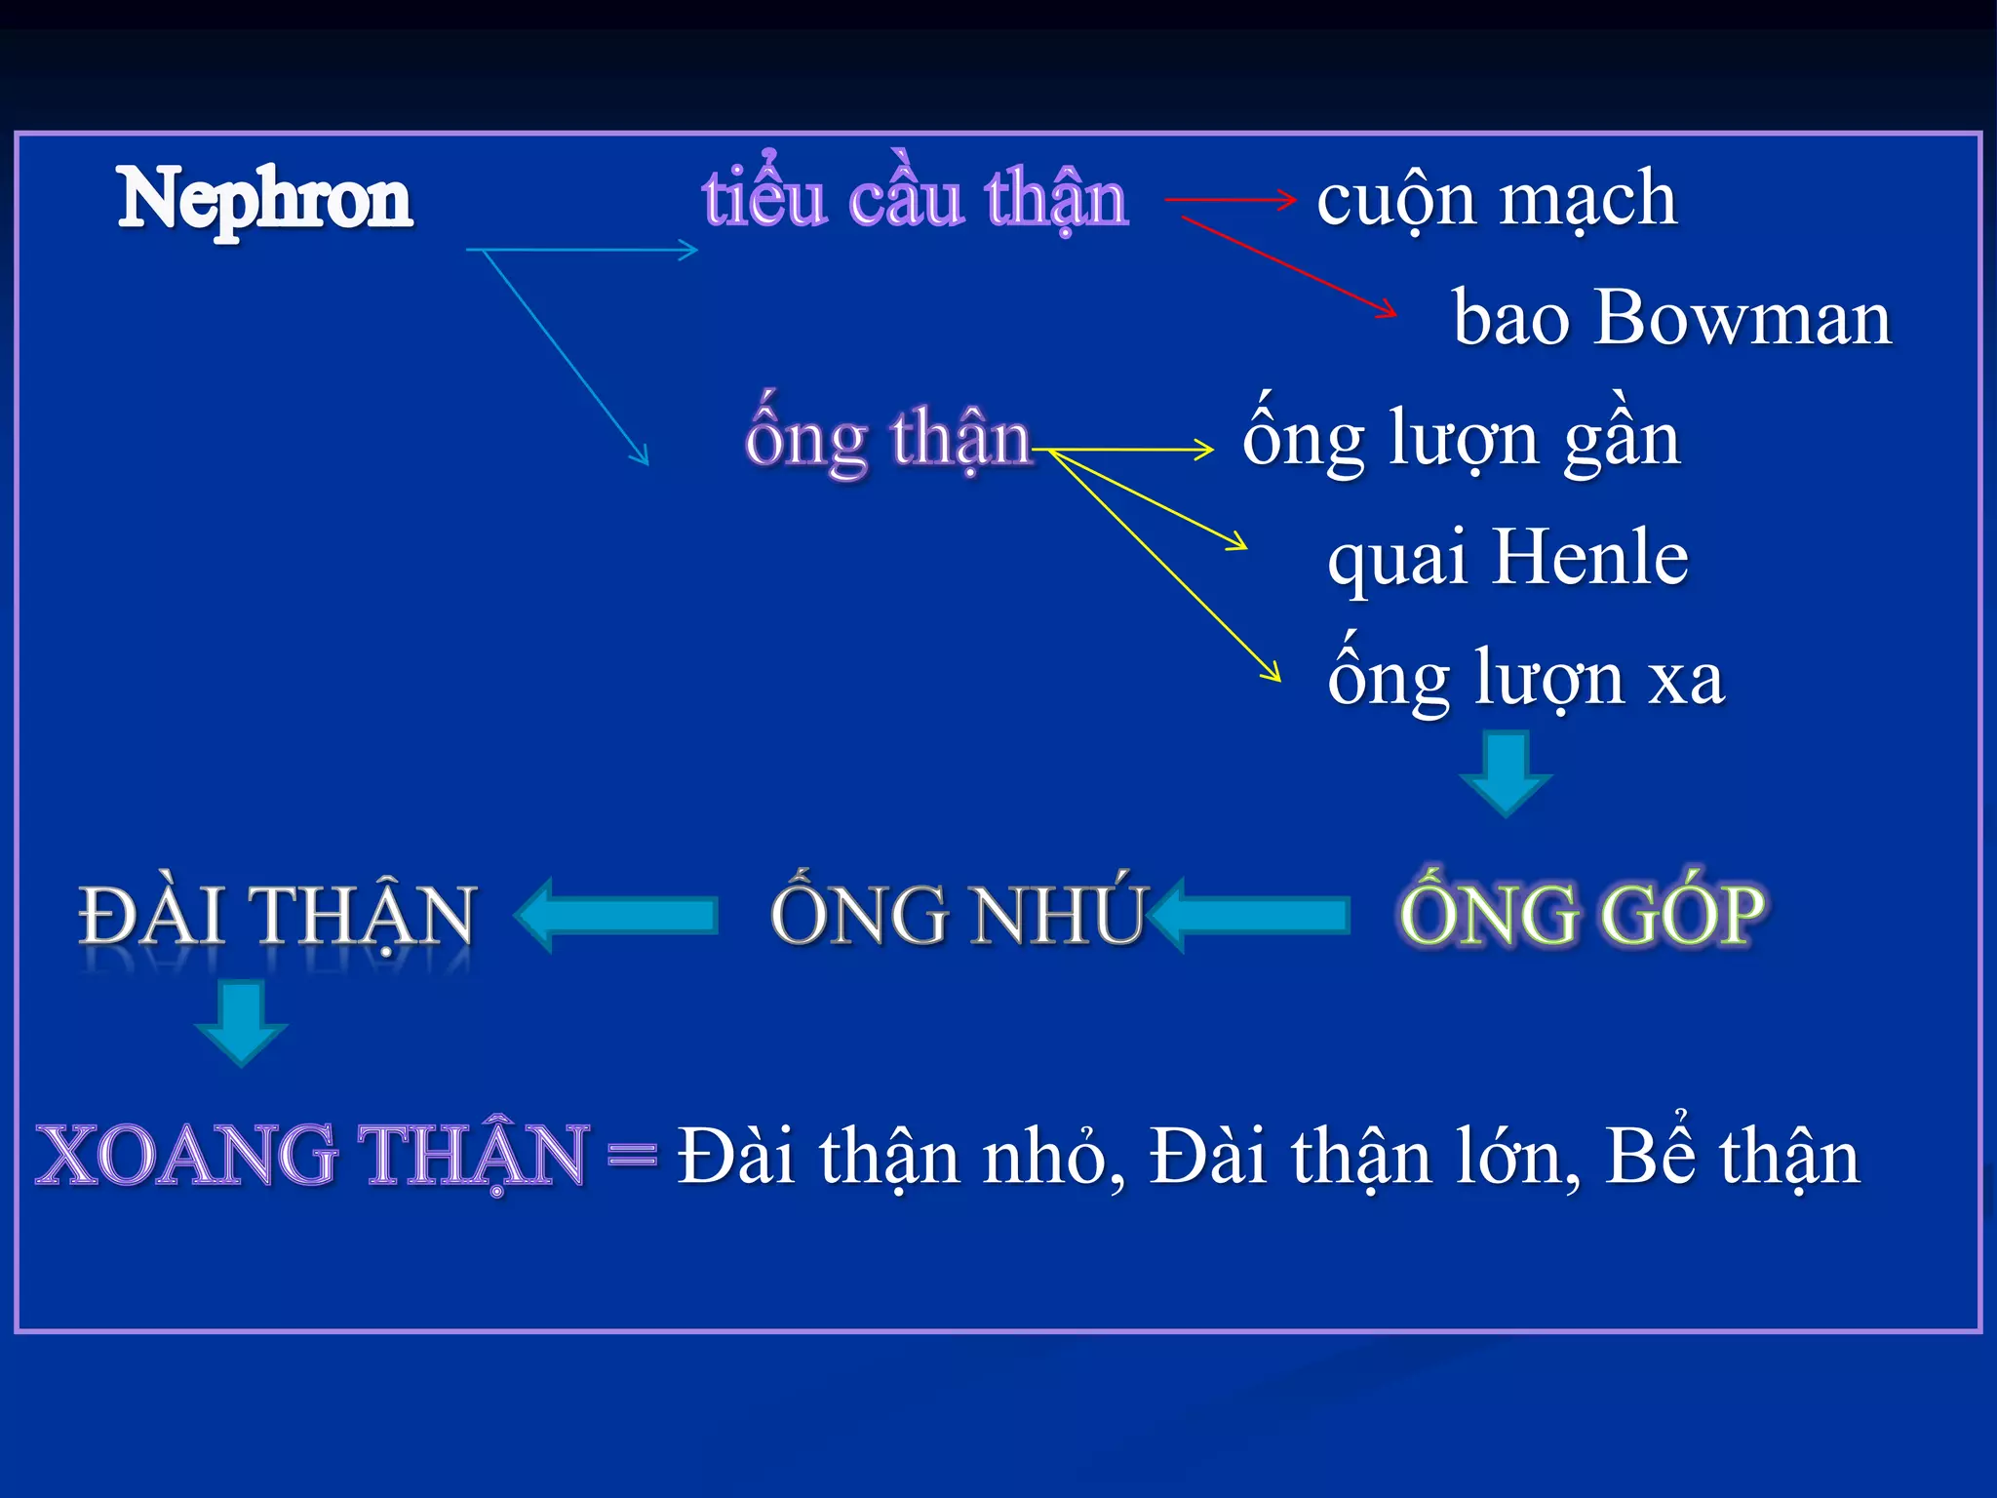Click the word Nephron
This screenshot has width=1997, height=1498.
[264, 199]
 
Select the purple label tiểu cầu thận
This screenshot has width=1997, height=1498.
[915, 199]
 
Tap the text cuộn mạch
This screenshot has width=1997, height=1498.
[1497, 199]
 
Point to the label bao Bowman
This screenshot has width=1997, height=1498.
[1671, 318]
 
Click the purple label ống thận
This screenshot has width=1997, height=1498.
[887, 439]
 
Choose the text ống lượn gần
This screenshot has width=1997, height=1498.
[1461, 439]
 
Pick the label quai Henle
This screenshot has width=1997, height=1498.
[1508, 558]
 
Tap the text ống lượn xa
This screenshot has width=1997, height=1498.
[1525, 679]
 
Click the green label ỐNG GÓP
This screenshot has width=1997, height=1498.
[1582, 915]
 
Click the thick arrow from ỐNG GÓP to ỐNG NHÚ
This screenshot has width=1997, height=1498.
[1250, 915]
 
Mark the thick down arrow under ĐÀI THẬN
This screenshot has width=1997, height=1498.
[241, 1022]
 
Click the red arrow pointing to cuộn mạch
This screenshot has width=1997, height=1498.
[1231, 200]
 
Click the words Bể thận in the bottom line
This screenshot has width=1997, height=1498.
[1732, 1157]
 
